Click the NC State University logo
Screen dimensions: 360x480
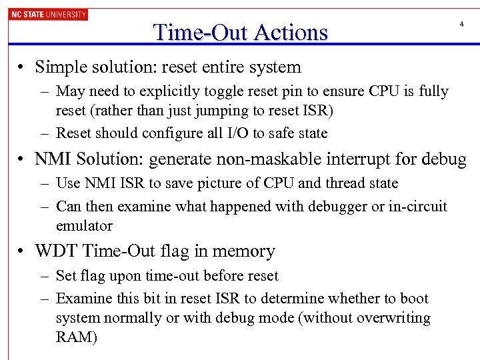48,14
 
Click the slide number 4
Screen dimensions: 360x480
461,25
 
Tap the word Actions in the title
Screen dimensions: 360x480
287,32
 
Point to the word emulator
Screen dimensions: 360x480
85,226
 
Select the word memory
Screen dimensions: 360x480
246,251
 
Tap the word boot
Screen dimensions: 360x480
414,299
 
